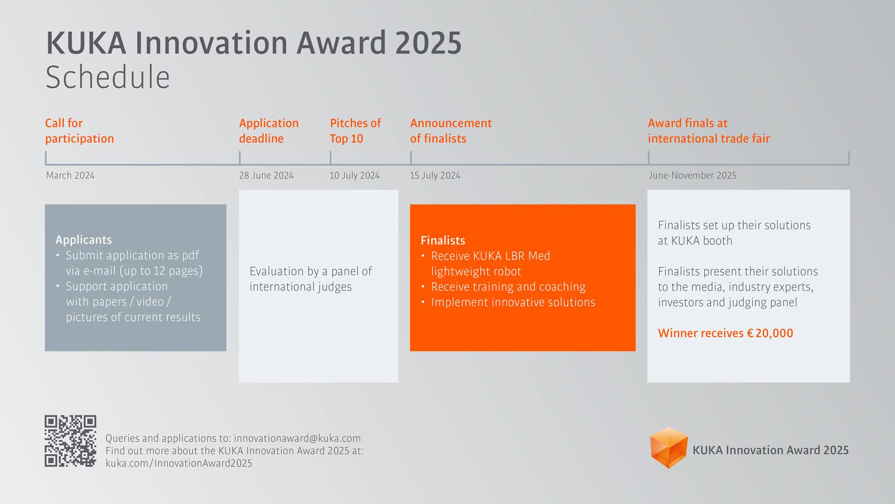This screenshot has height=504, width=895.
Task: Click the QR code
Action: click(70, 441)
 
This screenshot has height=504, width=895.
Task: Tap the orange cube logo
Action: click(668, 447)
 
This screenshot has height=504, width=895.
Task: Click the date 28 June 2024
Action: click(266, 175)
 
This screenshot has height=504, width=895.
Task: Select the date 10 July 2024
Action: click(354, 175)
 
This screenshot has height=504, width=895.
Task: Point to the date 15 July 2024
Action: click(435, 175)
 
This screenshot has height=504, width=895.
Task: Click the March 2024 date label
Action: click(70, 175)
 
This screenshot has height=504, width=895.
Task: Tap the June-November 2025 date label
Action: click(692, 175)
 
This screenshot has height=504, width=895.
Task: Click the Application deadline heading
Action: click(268, 131)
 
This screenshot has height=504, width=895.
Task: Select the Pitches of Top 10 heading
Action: click(355, 131)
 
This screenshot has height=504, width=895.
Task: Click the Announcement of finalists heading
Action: click(450, 131)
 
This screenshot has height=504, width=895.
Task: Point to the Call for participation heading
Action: click(79, 131)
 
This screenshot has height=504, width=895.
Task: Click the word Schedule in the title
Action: click(107, 77)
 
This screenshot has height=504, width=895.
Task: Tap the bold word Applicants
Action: click(83, 240)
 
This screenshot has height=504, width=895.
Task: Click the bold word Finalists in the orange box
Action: click(442, 240)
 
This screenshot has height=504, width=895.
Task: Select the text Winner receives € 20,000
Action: click(725, 333)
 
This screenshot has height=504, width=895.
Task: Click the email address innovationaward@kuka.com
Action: click(297, 438)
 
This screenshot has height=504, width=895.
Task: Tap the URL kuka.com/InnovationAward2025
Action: click(179, 463)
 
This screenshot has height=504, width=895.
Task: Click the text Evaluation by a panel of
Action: click(310, 271)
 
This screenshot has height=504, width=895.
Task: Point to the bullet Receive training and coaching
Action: click(508, 287)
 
